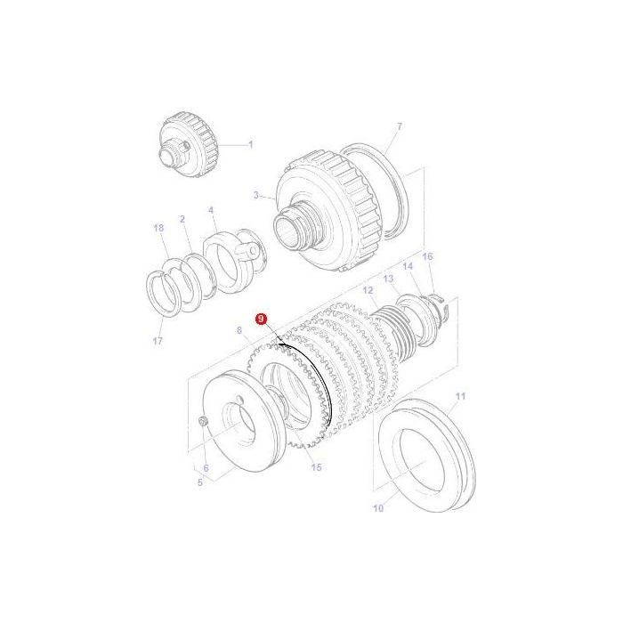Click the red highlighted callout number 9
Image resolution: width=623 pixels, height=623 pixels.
point(261,318)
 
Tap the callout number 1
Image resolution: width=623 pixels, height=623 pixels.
point(250,143)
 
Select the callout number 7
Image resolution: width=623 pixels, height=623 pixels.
point(400,128)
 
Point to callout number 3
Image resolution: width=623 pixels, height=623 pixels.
point(256,195)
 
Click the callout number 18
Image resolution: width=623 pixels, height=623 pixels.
point(159,229)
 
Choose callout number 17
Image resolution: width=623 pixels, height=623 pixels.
point(159,339)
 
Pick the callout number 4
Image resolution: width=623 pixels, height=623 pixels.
point(211,211)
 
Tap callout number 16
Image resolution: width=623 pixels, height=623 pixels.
point(427,256)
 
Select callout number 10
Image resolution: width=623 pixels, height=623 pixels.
point(377,509)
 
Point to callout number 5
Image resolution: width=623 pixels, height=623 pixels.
point(200,482)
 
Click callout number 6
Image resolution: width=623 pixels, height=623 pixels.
point(206,468)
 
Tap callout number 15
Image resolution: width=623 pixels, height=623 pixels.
point(316,467)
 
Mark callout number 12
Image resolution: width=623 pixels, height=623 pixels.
point(368,291)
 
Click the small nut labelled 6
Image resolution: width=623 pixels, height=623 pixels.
point(204,421)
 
